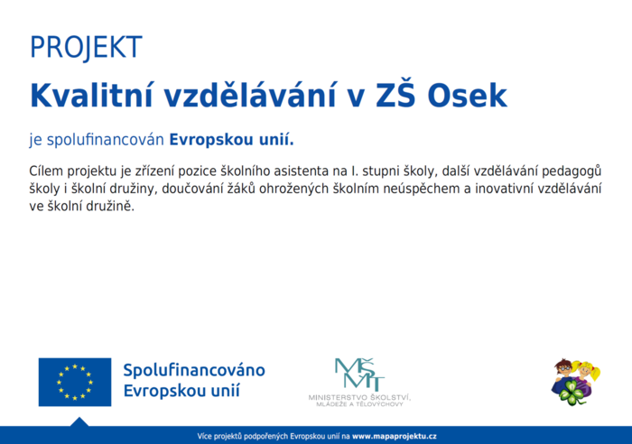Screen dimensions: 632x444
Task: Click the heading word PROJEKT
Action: point(86,48)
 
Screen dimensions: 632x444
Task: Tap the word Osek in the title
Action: point(467,96)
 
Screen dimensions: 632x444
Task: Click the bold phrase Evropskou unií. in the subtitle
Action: point(231,139)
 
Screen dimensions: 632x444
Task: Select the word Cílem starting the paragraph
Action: point(46,171)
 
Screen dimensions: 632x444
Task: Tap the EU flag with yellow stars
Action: point(75,382)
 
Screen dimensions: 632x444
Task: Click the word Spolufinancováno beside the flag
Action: point(194,370)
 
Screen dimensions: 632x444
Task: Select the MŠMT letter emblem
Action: point(359,375)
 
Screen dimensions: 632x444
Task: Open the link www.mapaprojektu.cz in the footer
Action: point(395,436)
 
